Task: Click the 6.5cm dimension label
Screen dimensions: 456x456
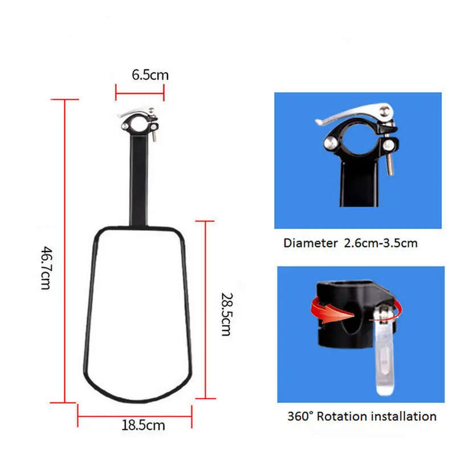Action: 150,75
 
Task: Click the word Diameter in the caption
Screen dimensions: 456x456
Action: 311,243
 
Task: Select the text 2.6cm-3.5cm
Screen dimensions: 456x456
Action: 381,243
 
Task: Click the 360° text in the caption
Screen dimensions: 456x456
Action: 300,417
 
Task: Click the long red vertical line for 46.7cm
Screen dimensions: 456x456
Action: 66,251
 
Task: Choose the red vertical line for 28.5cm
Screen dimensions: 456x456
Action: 206,308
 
